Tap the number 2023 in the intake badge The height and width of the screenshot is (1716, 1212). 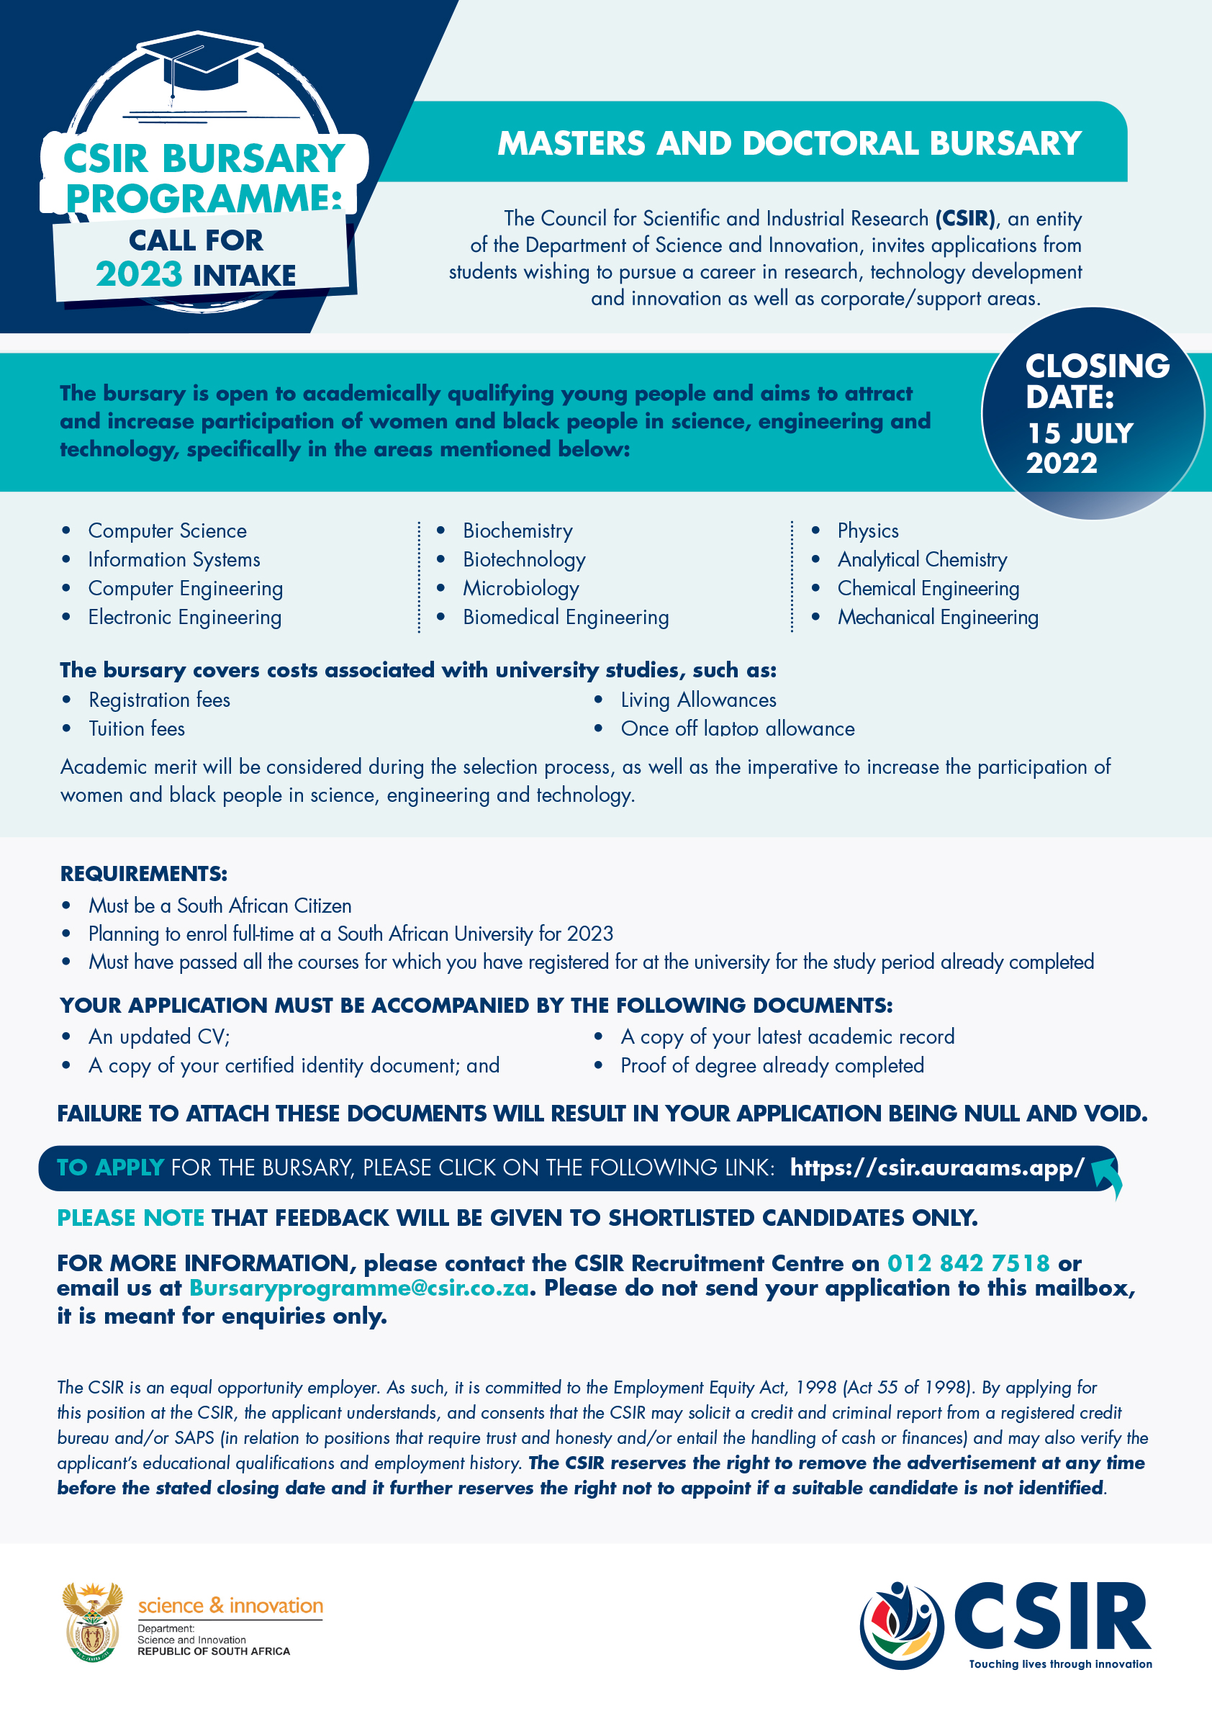pos(139,274)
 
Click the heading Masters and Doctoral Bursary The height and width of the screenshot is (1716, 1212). pos(789,143)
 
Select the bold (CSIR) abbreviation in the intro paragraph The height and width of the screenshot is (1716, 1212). pos(964,218)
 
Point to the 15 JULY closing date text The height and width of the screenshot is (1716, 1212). pos(1080,433)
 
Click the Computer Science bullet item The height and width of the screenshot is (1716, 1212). pos(168,530)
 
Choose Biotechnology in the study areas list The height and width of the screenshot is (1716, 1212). pos(524,560)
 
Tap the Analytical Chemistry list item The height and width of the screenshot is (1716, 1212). pos(922,560)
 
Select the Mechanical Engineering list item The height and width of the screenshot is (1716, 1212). pos(938,618)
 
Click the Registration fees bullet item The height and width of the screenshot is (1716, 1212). pos(159,700)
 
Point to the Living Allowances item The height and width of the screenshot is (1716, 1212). pos(698,700)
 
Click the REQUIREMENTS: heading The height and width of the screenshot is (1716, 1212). pos(143,874)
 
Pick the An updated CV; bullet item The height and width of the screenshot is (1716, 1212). pos(159,1037)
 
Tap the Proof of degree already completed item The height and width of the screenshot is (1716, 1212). pos(772,1065)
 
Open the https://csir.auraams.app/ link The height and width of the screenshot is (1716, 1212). pos(937,1168)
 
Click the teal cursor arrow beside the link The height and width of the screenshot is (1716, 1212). pos(1108,1175)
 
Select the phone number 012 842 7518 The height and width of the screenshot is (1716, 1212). pos(969,1263)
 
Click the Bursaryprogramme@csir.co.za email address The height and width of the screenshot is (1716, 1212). pos(358,1288)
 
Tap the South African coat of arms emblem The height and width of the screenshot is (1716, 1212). pos(92,1621)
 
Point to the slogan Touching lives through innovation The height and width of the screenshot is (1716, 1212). pos(1060,1663)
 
